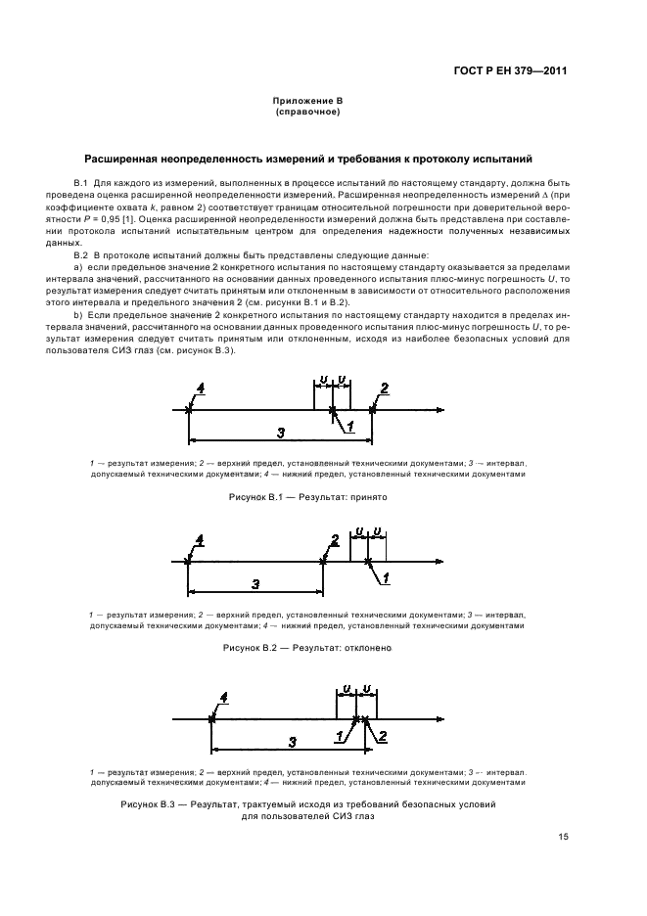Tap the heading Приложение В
[307, 102]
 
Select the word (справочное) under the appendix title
[307, 112]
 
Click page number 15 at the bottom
[563, 837]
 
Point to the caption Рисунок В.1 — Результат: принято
[308, 498]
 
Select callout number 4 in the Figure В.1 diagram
[200, 389]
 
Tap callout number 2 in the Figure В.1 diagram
[384, 389]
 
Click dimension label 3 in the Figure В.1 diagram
[280, 433]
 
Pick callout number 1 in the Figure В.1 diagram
[348, 425]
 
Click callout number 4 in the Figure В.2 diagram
[200, 540]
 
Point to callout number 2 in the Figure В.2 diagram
[335, 539]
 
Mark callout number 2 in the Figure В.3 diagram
[383, 735]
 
